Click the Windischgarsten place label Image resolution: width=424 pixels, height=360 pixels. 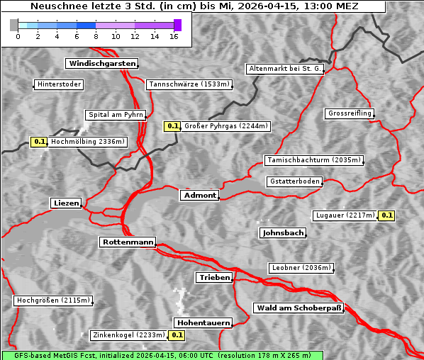[x=101, y=64]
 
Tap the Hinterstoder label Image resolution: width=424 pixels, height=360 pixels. [x=59, y=85]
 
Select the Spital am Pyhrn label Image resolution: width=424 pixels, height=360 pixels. [x=116, y=115]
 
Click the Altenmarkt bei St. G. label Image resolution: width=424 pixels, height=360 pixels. [x=285, y=69]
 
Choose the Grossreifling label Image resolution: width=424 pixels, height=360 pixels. [x=350, y=113]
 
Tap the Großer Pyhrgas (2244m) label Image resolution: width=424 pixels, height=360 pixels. [x=225, y=127]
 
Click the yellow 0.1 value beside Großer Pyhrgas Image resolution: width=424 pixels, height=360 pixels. [x=172, y=126]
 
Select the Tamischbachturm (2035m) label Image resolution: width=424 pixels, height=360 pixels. [x=313, y=160]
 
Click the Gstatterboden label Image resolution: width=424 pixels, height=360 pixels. [x=294, y=181]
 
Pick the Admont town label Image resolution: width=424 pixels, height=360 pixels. [x=199, y=196]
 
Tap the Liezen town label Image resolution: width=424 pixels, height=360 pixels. [x=66, y=203]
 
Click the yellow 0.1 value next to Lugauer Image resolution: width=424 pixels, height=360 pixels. [x=386, y=215]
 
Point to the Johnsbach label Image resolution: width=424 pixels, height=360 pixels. [x=283, y=233]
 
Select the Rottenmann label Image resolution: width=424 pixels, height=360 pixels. [x=128, y=242]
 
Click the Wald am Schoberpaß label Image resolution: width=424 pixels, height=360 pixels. [x=299, y=308]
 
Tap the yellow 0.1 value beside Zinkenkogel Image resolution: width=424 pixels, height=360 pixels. [x=177, y=335]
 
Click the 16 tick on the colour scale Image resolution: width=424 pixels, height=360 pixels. [x=174, y=36]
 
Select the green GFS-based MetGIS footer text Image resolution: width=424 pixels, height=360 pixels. [x=162, y=355]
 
